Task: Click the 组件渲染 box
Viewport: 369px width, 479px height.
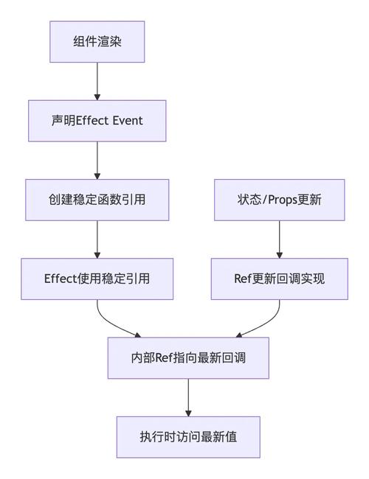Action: (97, 41)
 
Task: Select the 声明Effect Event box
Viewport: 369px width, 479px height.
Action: (97, 120)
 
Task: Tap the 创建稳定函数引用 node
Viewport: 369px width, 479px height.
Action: (97, 200)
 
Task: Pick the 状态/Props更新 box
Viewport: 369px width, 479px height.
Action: (279, 200)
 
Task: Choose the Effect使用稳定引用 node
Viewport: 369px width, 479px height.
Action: (97, 279)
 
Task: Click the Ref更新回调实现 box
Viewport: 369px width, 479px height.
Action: (279, 279)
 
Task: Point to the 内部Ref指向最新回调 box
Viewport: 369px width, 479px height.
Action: (188, 358)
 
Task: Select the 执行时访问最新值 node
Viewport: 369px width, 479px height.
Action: (188, 437)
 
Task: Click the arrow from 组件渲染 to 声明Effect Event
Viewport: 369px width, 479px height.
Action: (97, 81)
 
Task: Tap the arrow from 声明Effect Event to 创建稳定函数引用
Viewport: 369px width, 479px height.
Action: (97, 160)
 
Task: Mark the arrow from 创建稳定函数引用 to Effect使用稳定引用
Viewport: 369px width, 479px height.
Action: (97, 239)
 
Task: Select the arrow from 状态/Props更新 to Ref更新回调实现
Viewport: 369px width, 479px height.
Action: (279, 239)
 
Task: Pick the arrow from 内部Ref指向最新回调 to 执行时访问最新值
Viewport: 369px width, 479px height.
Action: (188, 398)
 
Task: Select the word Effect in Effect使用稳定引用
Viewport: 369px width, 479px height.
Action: (61, 279)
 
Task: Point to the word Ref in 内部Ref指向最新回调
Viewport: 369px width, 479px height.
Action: (164, 358)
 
